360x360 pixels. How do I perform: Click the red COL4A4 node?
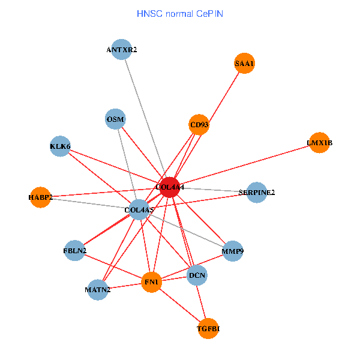(170, 187)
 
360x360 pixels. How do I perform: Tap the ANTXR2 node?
(122, 50)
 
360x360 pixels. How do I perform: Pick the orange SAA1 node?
(244, 63)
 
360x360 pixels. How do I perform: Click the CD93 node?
(199, 125)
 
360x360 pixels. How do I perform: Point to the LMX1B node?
(319, 143)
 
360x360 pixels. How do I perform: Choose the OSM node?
(115, 119)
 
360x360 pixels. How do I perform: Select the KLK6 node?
(60, 146)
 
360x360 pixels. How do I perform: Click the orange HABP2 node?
(40, 197)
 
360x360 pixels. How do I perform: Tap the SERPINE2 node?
(257, 193)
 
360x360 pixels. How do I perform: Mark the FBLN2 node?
(75, 250)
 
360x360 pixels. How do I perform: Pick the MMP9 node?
(232, 251)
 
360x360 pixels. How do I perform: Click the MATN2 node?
(98, 290)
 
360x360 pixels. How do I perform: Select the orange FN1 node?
(152, 281)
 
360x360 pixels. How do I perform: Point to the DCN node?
(197, 276)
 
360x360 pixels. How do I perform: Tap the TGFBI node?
(209, 328)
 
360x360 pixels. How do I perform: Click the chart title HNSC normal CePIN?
(180, 13)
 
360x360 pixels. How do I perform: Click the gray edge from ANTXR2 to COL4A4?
(146, 119)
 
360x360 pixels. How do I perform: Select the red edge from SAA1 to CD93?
(221, 94)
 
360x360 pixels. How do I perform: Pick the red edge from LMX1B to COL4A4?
(244, 165)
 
